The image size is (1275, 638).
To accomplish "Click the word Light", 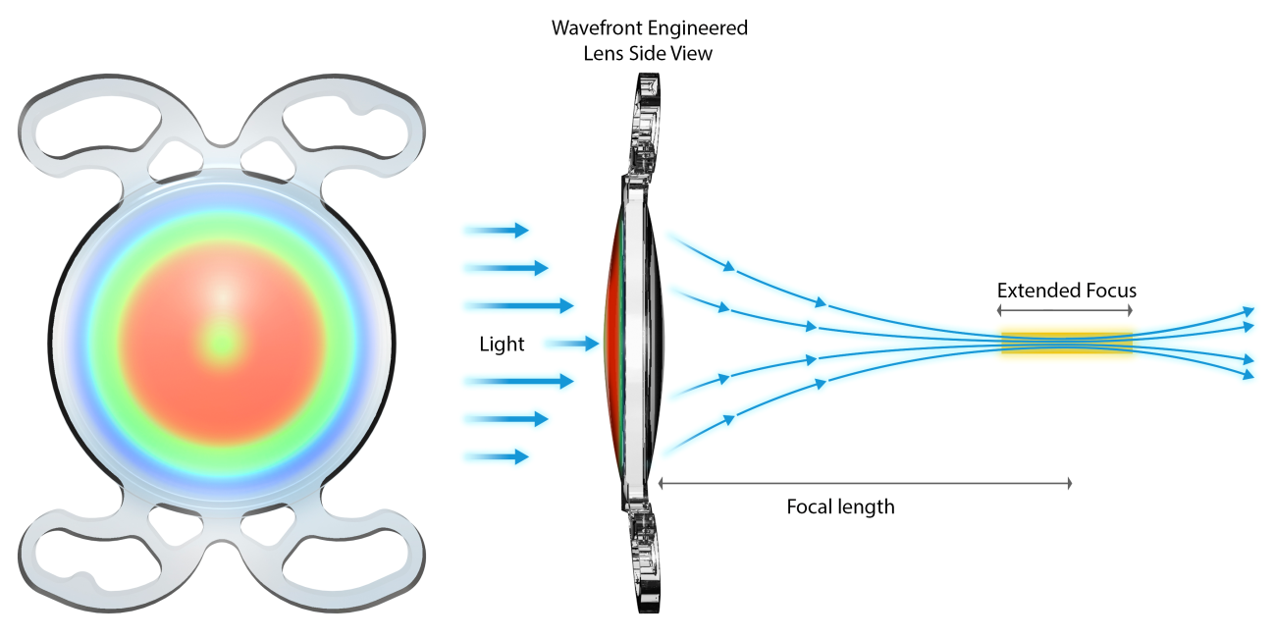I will (x=502, y=345).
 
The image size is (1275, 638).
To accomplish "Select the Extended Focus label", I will (x=1066, y=291).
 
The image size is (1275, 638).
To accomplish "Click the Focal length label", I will (x=840, y=507).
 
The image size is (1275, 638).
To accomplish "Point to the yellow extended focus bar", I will (x=1066, y=343).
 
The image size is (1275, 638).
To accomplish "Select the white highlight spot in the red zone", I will (x=225, y=293).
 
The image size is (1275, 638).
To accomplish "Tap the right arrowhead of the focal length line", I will (x=1067, y=483).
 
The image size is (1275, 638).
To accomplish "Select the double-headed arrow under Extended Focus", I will (x=1066, y=309).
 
